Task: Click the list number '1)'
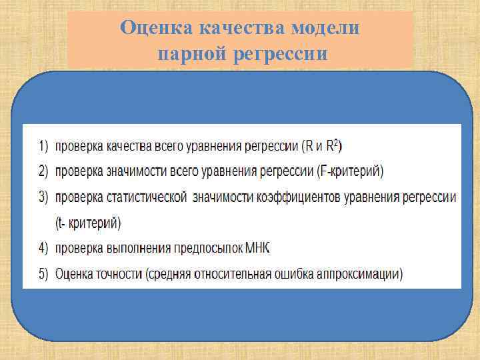point(43,145)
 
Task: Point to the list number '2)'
point(43,171)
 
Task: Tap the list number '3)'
point(43,197)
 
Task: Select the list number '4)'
point(43,248)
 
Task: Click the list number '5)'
point(43,274)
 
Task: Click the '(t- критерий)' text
point(89,223)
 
